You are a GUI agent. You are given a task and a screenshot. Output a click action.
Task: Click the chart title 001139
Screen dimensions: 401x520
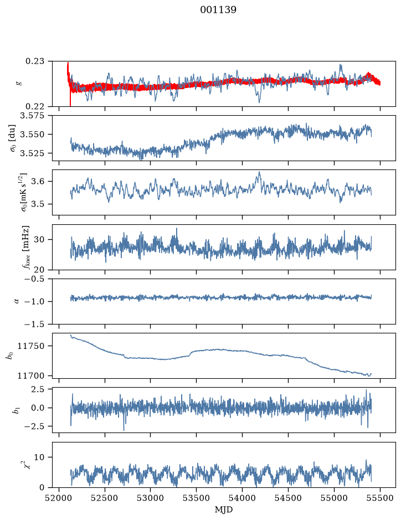coord(218,10)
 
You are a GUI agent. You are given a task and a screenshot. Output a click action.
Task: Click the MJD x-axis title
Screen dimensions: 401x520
coord(224,509)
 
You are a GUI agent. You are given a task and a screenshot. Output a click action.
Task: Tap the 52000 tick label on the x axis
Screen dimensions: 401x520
coord(59,498)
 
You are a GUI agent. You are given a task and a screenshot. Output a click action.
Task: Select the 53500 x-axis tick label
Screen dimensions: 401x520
coord(197,498)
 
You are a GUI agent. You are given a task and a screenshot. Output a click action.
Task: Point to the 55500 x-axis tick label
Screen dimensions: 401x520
coord(380,498)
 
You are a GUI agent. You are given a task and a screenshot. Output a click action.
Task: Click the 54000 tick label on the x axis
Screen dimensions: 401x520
coord(242,498)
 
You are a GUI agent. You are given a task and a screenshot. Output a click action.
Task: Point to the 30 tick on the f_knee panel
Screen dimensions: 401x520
coord(44,239)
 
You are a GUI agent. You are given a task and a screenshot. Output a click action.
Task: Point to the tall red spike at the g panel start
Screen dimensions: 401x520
coord(68,76)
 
